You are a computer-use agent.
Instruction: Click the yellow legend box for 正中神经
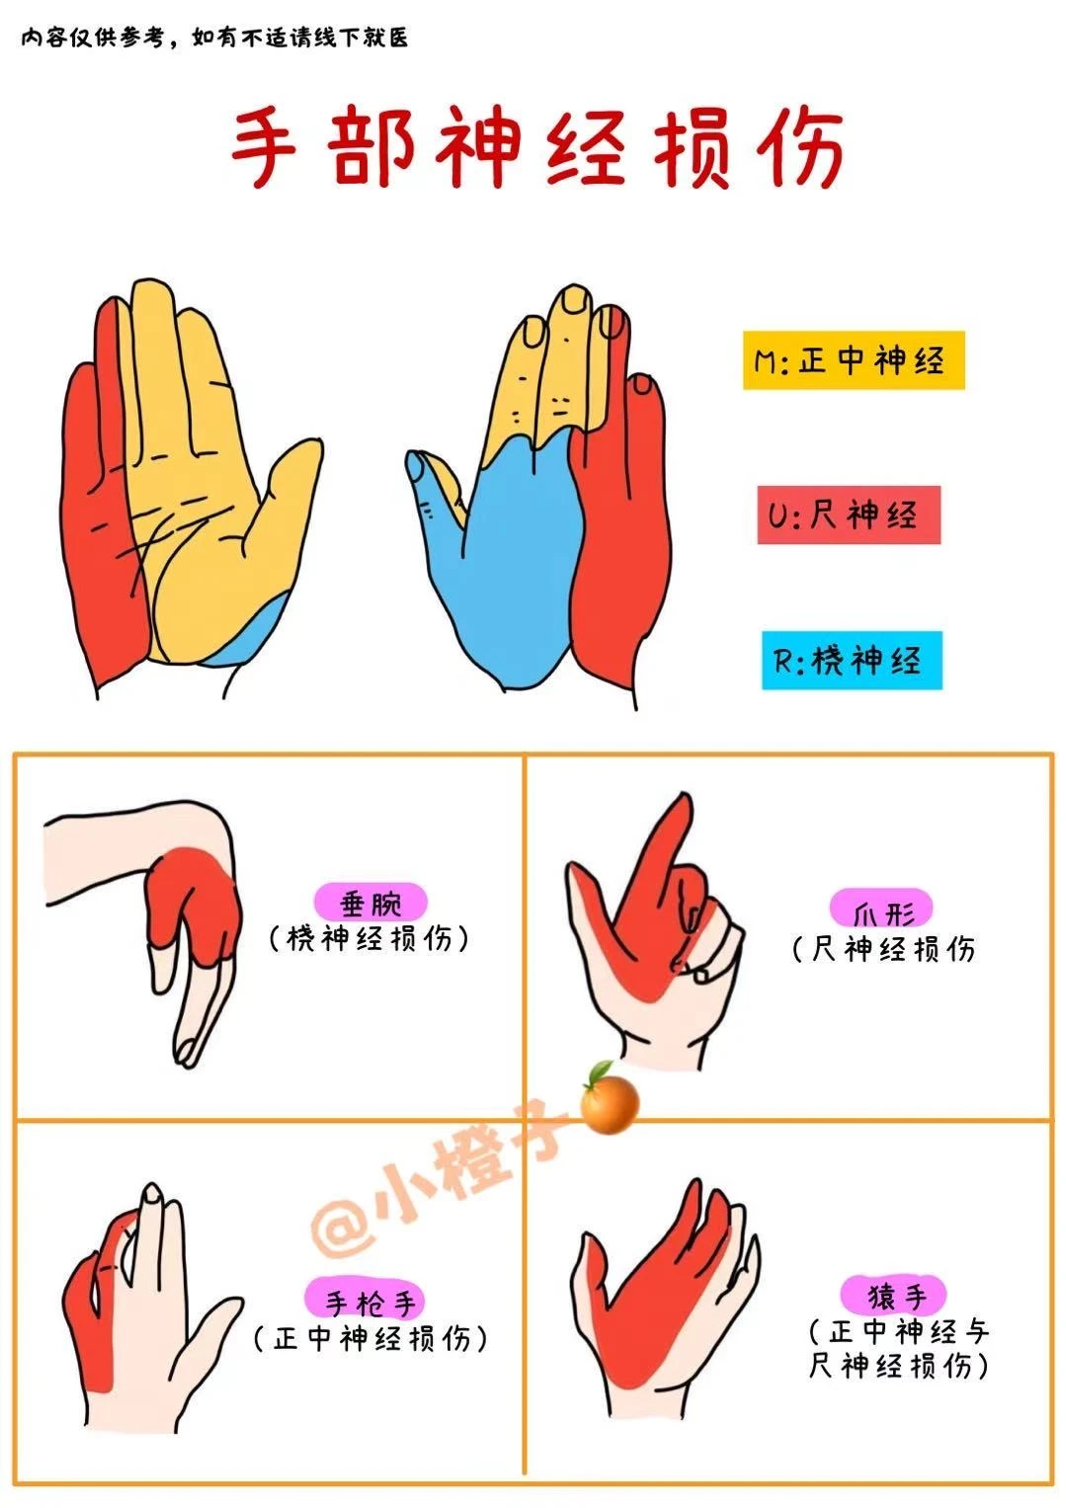tap(853, 360)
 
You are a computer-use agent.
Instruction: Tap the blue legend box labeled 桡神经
tap(851, 660)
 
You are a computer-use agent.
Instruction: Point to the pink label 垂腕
tap(370, 903)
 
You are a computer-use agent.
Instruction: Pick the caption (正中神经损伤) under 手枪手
tap(370, 1339)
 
